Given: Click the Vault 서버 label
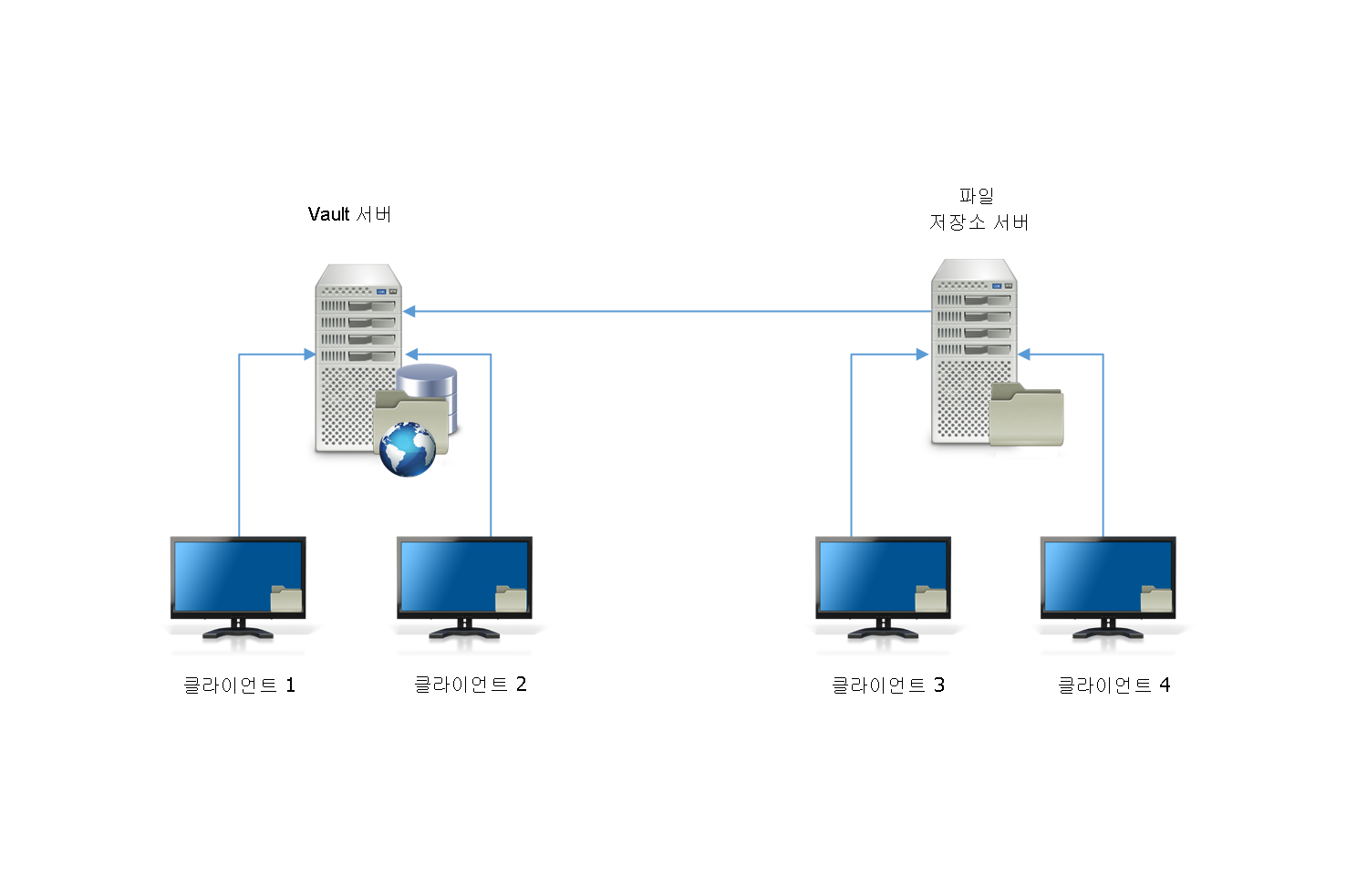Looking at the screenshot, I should click(x=349, y=214).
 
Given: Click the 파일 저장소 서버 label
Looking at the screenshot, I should click(x=978, y=210).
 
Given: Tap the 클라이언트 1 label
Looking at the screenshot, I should click(x=239, y=685).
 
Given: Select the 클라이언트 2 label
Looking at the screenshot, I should click(x=470, y=684).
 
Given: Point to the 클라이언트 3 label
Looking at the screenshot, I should click(x=887, y=685).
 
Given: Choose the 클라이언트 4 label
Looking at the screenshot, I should click(x=1114, y=685).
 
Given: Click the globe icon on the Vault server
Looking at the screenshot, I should click(x=407, y=449).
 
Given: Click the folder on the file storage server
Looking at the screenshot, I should click(x=1027, y=415).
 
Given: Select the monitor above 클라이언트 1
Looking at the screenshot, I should click(x=238, y=578).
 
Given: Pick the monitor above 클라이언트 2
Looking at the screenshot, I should click(x=464, y=578).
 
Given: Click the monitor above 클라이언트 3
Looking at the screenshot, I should click(x=883, y=578).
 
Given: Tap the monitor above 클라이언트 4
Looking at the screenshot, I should click(x=1108, y=578).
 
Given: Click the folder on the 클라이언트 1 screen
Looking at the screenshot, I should click(x=286, y=598).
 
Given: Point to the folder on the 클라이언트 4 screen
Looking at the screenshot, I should click(x=1156, y=598).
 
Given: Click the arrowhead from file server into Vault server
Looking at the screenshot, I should click(x=409, y=312).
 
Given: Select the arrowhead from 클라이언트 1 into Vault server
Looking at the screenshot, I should click(x=309, y=355).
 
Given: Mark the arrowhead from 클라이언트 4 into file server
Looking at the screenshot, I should click(x=1024, y=355).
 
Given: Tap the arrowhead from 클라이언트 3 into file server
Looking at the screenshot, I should click(x=922, y=355).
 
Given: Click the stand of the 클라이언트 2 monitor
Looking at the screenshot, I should click(x=464, y=630).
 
